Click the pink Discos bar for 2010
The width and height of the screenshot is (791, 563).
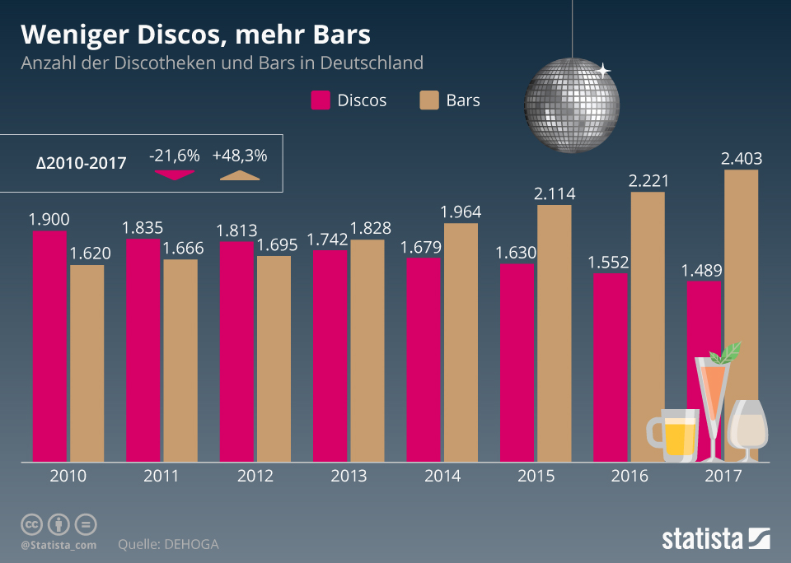tap(50, 346)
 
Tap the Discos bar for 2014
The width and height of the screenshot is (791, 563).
tap(424, 359)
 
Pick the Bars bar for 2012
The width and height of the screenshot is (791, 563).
tap(274, 358)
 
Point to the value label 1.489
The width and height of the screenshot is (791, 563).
tap(701, 270)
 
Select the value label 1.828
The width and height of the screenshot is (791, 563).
tap(368, 228)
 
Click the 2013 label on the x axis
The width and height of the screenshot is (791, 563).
tap(349, 476)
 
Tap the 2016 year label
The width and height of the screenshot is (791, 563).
tap(630, 476)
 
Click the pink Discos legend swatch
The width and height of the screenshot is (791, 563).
tap(321, 100)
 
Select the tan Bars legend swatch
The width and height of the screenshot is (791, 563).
tap(429, 100)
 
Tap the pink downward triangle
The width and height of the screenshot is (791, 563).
tap(173, 174)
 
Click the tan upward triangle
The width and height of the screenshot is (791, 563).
tap(238, 174)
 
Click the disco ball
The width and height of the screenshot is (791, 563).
tap(571, 105)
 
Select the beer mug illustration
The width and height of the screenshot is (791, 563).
tap(671, 435)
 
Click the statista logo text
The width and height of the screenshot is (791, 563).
tap(701, 539)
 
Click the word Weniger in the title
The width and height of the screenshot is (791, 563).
tap(67, 35)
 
